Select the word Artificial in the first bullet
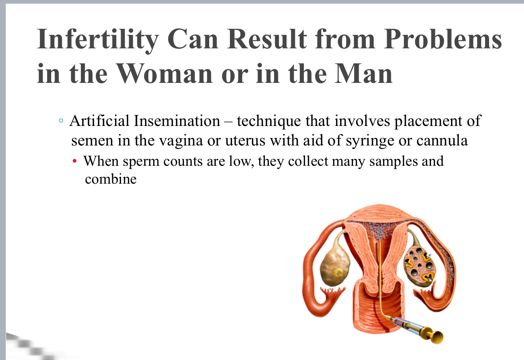(x=100, y=121)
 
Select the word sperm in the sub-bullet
(x=141, y=161)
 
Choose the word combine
(x=110, y=179)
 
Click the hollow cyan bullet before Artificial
(x=61, y=121)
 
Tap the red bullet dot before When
(x=75, y=162)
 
